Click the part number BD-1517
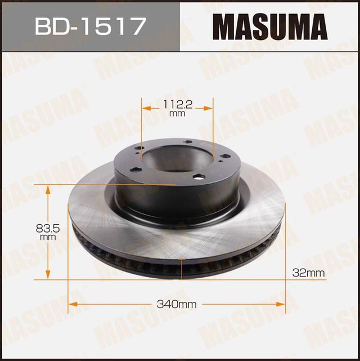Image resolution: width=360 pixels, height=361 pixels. pyautogui.click(x=89, y=26)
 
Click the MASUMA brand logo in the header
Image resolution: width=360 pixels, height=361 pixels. pyautogui.click(x=269, y=26)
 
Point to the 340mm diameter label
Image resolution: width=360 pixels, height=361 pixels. pyautogui.click(x=177, y=305)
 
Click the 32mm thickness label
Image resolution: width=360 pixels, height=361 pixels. pyautogui.click(x=309, y=273)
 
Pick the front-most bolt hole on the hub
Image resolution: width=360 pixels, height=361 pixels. pyautogui.click(x=198, y=177)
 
